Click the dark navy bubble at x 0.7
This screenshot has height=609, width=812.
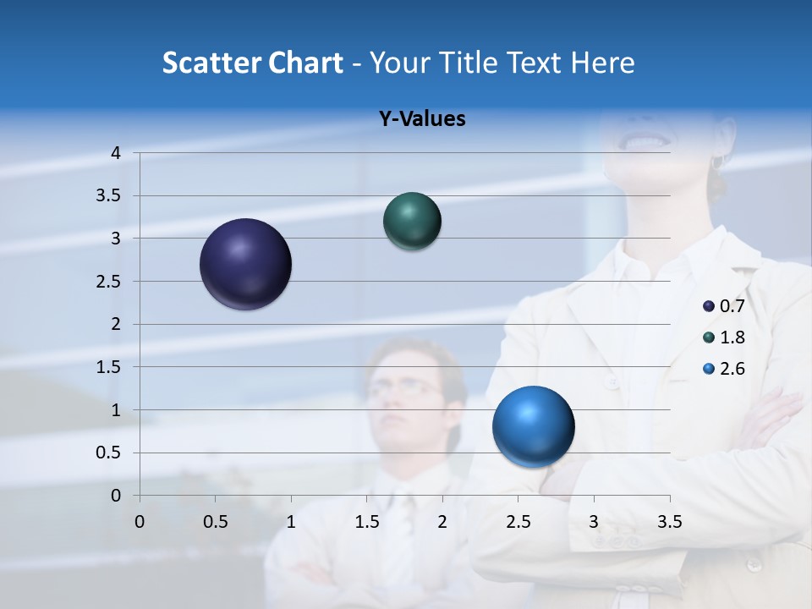click(246, 264)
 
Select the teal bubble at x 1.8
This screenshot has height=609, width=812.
click(412, 221)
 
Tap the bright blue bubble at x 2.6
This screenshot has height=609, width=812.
click(533, 426)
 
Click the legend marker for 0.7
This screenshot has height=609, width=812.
click(709, 305)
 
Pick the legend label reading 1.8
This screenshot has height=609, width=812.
click(732, 337)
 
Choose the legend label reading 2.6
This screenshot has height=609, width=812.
click(732, 369)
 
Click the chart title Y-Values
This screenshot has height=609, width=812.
click(421, 119)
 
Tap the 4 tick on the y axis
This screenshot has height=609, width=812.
click(116, 153)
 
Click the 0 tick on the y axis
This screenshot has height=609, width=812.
click(116, 496)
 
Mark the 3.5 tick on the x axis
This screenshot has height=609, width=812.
click(669, 522)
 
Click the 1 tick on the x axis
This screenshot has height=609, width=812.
click(291, 522)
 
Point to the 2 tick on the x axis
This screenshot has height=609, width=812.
click(442, 522)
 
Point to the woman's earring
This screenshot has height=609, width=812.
click(717, 161)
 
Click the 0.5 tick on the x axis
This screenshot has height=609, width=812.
click(216, 522)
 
